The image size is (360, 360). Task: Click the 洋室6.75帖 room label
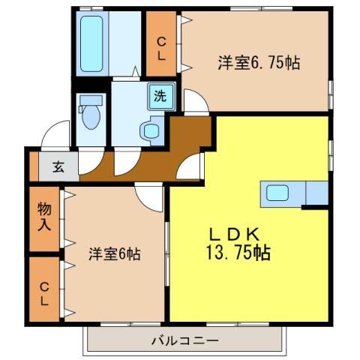point(259,64)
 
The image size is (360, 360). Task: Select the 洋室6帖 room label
point(114,254)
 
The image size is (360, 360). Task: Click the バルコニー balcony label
point(184,341)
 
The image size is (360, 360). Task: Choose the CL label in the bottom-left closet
point(44,292)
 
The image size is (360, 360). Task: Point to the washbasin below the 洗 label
point(151,132)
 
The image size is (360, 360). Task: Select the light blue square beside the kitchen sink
point(316,193)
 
